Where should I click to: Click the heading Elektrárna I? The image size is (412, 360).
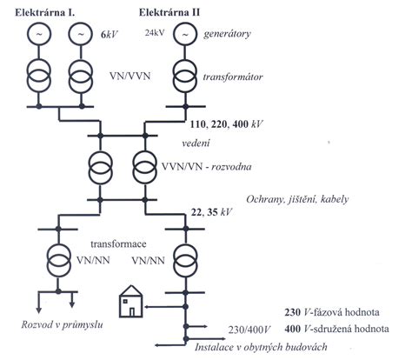coord(45,13)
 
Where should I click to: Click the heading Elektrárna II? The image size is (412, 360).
coord(169,13)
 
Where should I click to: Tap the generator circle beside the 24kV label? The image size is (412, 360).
coord(185,34)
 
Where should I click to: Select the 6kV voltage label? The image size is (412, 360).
coord(110,36)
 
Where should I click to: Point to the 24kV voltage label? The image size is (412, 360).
coord(155,32)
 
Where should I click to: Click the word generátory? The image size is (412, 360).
coord(227,34)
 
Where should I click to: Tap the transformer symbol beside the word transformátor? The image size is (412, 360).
coord(185,76)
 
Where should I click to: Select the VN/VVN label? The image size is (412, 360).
coord(130,77)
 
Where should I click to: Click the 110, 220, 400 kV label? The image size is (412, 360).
coord(226,124)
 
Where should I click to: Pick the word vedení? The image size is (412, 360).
coord(196,143)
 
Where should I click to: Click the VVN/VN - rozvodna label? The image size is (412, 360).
coord(206,167)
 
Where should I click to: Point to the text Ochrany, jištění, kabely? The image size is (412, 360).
coord(297,199)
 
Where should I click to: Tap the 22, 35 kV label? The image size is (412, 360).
coord(211,212)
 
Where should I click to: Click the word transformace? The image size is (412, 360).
coord(118,244)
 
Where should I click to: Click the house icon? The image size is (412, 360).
coord(131,301)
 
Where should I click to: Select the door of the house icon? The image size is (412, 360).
coord(132,312)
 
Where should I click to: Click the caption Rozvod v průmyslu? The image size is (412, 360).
coord(62,324)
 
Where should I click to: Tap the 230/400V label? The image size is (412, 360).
coord(249,330)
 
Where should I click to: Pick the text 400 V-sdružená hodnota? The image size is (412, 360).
coord(336,329)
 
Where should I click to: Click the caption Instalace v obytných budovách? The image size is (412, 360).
coord(261,347)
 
